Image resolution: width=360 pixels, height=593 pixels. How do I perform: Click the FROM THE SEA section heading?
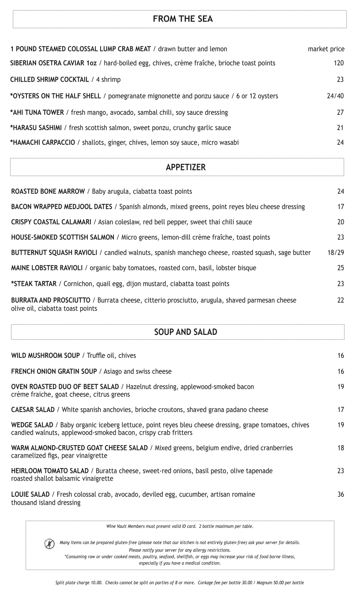click(183, 19)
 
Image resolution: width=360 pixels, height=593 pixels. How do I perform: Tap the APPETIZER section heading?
click(186, 168)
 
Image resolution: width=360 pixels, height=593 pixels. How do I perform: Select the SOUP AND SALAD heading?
click(185, 332)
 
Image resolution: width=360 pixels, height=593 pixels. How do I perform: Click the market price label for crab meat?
click(326, 49)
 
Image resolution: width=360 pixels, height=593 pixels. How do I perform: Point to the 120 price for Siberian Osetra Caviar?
click(338, 63)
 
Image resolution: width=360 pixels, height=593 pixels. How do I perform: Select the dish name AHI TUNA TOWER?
click(38, 113)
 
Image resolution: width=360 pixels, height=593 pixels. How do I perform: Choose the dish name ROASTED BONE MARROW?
click(48, 191)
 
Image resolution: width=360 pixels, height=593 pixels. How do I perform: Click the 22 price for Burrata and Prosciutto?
click(340, 300)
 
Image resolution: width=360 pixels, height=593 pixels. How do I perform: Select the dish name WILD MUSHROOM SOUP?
click(45, 356)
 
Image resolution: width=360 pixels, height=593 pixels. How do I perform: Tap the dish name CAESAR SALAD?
click(33, 410)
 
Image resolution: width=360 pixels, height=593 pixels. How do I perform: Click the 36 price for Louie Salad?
click(340, 495)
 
